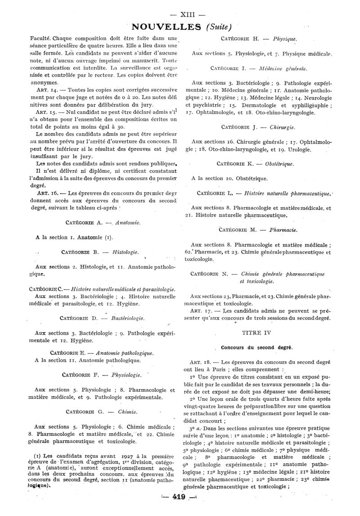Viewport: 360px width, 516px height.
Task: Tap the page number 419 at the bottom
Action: pyautogui.click(x=179, y=507)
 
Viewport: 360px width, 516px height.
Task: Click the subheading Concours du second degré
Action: pyautogui.click(x=256, y=348)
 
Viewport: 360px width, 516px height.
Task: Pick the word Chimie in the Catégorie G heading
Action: pyautogui.click(x=127, y=411)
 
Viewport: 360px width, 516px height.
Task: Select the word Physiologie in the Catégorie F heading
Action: pyautogui.click(x=125, y=375)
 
